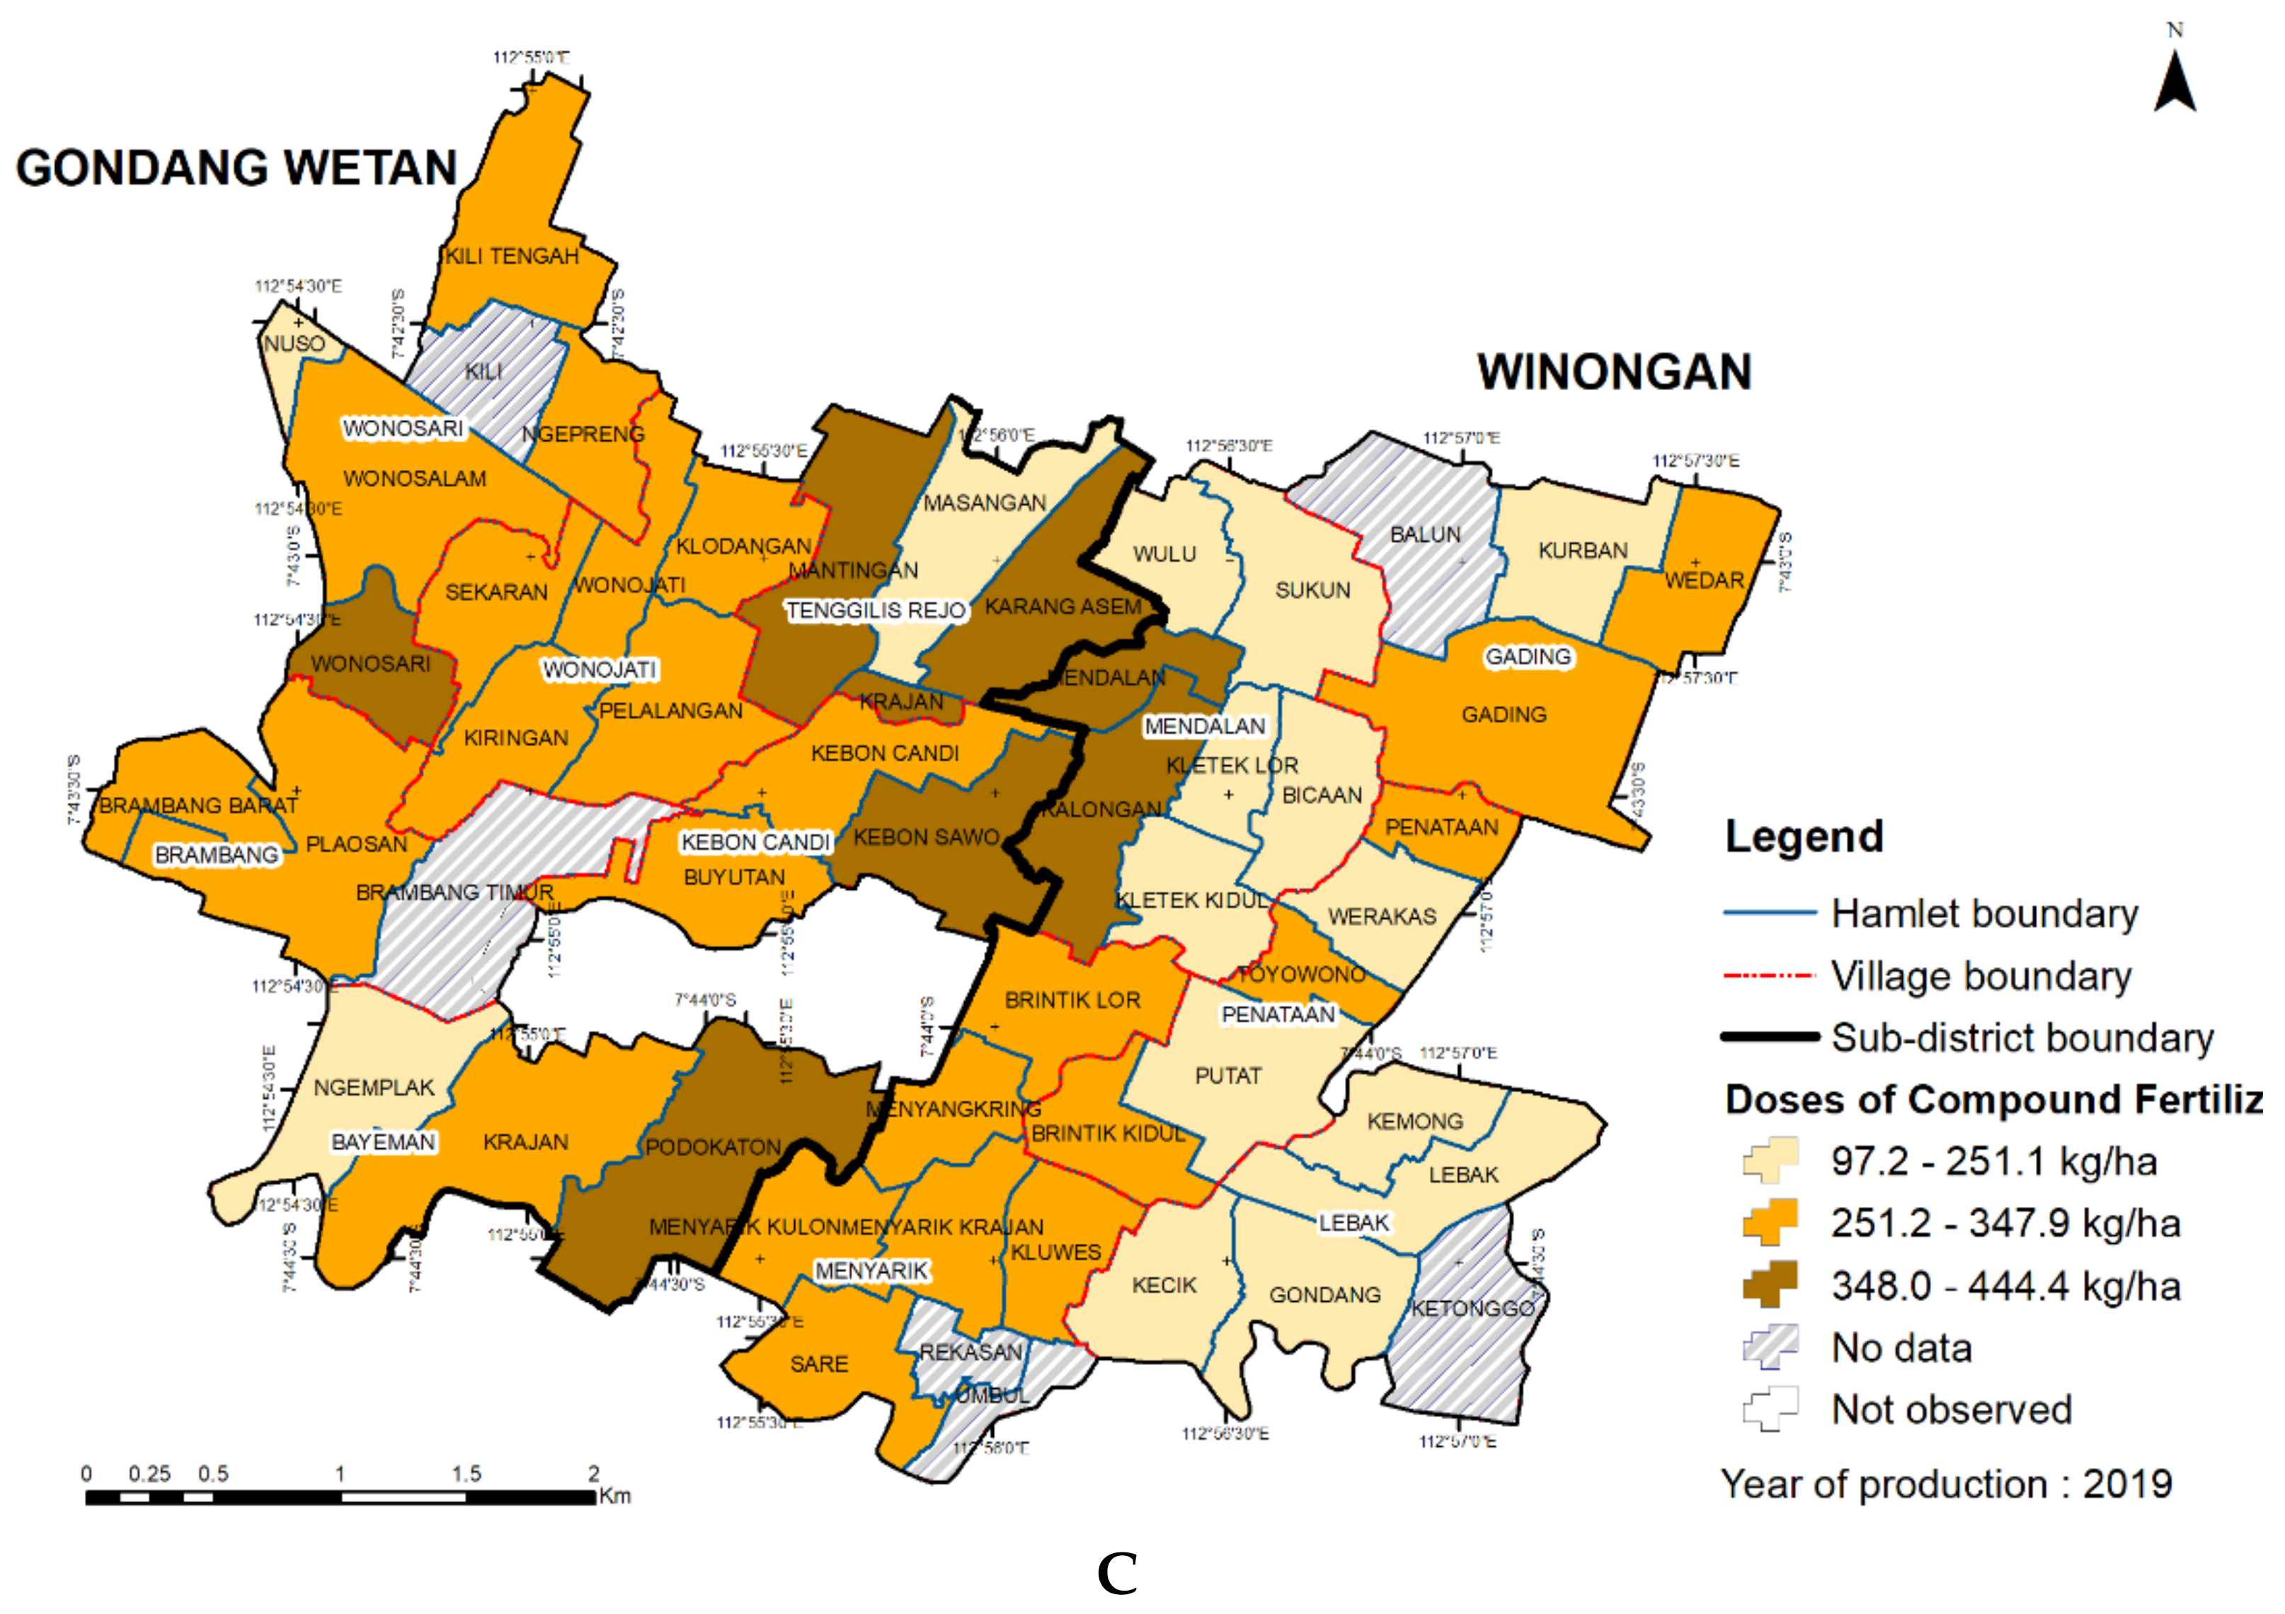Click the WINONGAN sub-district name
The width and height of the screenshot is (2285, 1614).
pos(1613,372)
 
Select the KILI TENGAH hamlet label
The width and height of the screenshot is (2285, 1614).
pos(512,257)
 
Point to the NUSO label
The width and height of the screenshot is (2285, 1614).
pos(294,343)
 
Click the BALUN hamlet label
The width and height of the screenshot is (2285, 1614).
pos(1425,534)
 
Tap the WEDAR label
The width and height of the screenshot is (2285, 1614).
pos(1704,580)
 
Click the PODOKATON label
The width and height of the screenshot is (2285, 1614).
pos(713,1147)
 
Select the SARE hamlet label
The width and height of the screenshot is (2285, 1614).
pos(818,1364)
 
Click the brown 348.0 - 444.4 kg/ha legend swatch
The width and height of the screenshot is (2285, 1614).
pos(1770,1285)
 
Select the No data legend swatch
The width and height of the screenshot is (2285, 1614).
pos(1770,1347)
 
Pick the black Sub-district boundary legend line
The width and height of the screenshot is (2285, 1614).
pos(1770,1037)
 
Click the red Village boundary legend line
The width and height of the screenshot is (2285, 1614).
pos(1770,976)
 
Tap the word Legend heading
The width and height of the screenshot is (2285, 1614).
pos(1804,836)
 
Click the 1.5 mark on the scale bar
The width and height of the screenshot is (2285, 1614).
pos(466,1474)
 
